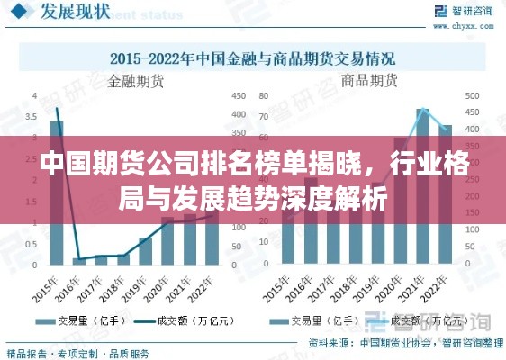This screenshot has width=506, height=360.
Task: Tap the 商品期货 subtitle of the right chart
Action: point(370,81)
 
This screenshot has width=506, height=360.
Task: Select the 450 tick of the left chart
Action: point(239,95)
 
